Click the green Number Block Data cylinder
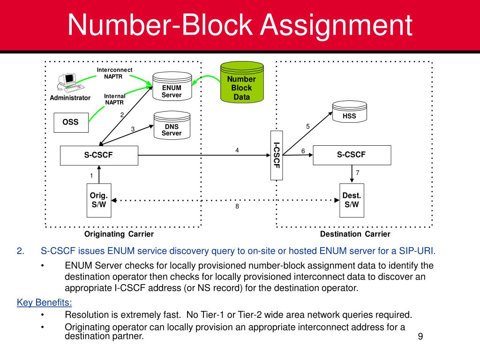(x=242, y=84)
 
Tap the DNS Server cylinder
(x=172, y=126)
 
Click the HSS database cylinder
(x=349, y=113)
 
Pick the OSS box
(x=71, y=122)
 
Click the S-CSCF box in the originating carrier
(x=99, y=155)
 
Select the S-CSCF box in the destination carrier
(x=352, y=155)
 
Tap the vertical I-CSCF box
(x=277, y=155)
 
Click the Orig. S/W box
(x=99, y=200)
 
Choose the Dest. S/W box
(x=352, y=200)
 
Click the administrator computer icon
(x=68, y=82)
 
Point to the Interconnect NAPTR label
(x=115, y=73)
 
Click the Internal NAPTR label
(x=115, y=99)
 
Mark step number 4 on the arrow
(x=237, y=150)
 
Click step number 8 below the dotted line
(x=237, y=207)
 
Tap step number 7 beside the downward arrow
(x=357, y=173)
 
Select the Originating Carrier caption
(x=119, y=234)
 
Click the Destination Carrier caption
(x=355, y=234)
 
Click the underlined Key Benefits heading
(x=45, y=302)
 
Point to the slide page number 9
(x=420, y=337)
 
